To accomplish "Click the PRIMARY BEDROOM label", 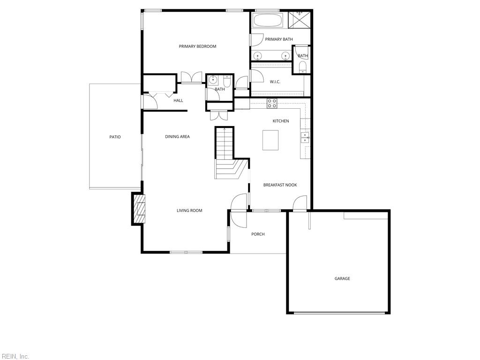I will click(x=197, y=46).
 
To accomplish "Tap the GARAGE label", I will click(x=342, y=278).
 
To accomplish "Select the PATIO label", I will click(x=115, y=137).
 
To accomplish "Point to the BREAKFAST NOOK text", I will click(x=280, y=185).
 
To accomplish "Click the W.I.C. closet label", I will click(x=275, y=82).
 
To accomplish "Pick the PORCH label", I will click(x=258, y=234).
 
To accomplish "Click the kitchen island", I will click(x=270, y=140).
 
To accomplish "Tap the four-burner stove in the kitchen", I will click(x=272, y=103).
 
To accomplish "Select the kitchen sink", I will click(x=305, y=137).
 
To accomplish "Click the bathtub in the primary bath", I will click(x=268, y=21).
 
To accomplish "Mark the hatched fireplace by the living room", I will click(x=140, y=208).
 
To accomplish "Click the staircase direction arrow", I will click(x=225, y=129).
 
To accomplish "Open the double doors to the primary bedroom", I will click(x=191, y=78).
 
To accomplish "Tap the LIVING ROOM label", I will click(x=189, y=210).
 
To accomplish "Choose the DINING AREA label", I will click(x=177, y=137).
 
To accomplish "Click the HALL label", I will click(x=178, y=100).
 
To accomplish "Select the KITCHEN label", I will click(x=281, y=121).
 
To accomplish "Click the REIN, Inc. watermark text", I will click(x=15, y=356).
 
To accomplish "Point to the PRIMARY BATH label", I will click(x=279, y=39).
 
